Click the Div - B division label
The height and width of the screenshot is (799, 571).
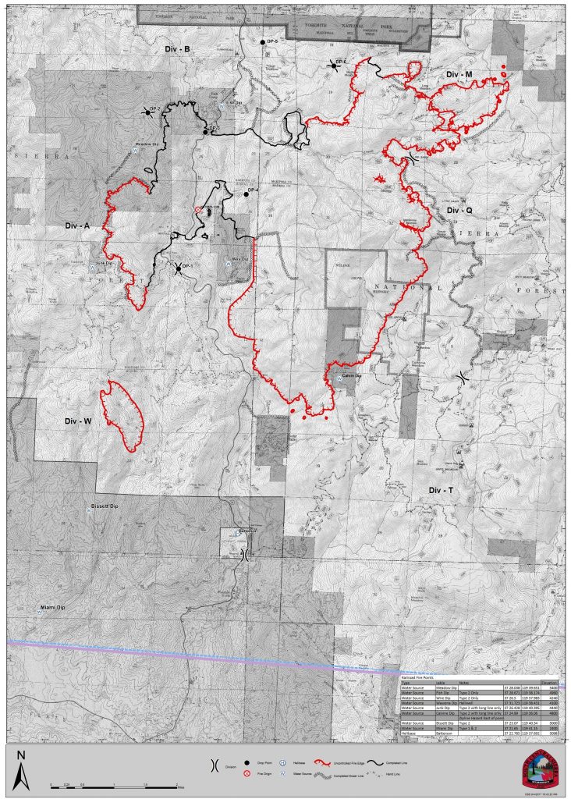(x=178, y=49)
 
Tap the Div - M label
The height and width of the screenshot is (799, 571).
(x=459, y=74)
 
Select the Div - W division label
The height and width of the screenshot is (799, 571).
(x=78, y=422)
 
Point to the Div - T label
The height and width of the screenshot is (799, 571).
(x=442, y=490)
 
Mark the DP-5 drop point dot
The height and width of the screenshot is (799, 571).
(x=263, y=41)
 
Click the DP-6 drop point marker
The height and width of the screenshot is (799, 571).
(x=335, y=67)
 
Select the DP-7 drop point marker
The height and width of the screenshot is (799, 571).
(x=147, y=112)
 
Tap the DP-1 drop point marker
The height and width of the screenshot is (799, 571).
(x=179, y=269)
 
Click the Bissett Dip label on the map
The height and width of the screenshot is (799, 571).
(x=104, y=506)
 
